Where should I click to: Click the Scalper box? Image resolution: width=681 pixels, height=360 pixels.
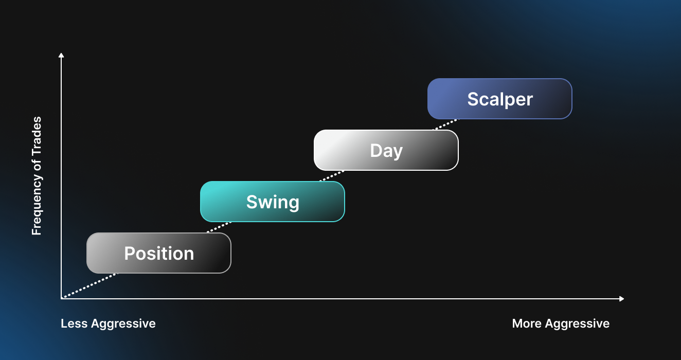[500, 99]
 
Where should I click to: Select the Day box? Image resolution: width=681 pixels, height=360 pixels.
[386, 150]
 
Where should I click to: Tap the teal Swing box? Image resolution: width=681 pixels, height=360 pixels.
[273, 202]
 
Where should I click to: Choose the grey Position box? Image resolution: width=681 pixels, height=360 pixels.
[159, 253]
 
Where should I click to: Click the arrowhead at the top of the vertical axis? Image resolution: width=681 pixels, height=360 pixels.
[61, 55]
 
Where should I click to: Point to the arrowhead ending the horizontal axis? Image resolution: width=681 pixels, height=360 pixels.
[622, 299]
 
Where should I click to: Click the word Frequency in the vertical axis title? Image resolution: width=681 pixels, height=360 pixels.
[37, 206]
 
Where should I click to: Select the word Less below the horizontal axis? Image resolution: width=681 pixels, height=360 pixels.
[74, 323]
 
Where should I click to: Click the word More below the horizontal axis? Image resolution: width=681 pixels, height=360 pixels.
[527, 323]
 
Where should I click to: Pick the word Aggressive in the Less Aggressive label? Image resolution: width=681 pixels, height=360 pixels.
[123, 324]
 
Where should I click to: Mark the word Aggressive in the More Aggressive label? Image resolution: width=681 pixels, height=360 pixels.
[577, 324]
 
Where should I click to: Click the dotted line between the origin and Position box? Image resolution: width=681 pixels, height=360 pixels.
[89, 285]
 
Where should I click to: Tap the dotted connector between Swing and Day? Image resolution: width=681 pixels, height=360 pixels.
[332, 176]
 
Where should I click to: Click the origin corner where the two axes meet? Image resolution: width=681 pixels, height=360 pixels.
[61, 299]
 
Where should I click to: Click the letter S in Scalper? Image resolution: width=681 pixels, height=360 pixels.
[473, 99]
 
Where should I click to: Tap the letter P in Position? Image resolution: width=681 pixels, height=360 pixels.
[130, 253]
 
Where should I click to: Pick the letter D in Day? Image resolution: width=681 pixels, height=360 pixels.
[377, 151]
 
